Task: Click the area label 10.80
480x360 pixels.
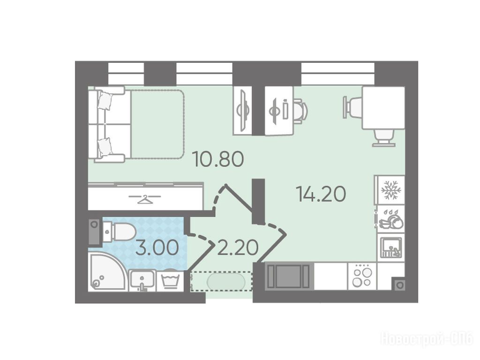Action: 218,159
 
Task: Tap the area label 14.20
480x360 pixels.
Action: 321,194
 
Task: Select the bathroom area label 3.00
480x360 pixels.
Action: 157,247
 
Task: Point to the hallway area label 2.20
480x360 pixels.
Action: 238,247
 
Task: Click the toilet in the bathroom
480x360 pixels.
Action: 120,232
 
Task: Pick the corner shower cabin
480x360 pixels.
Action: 107,272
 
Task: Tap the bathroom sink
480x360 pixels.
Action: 142,280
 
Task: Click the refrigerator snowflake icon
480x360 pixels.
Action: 391,190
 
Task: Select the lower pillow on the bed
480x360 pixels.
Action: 105,146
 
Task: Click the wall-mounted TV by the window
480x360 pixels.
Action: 243,110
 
